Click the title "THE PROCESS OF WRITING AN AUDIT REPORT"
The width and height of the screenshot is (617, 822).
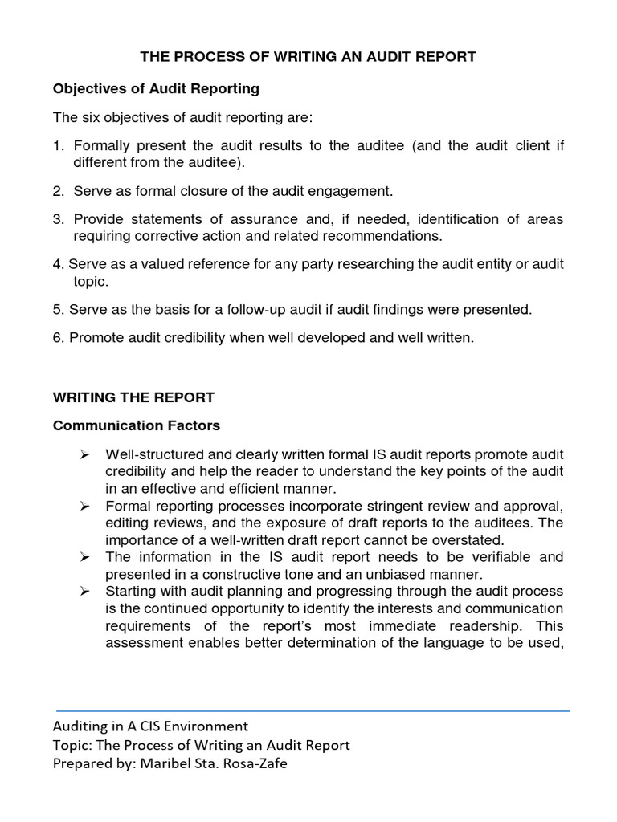point(308,57)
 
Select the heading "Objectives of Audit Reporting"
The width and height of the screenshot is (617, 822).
point(156,87)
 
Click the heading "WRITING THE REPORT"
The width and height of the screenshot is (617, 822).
point(133,397)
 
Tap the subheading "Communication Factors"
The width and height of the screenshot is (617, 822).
point(137,425)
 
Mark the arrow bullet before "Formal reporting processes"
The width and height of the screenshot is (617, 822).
point(84,506)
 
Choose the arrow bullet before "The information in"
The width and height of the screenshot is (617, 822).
point(84,556)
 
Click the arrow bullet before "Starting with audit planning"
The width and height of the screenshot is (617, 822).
point(84,591)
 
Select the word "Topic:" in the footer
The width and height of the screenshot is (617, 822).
point(73,745)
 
